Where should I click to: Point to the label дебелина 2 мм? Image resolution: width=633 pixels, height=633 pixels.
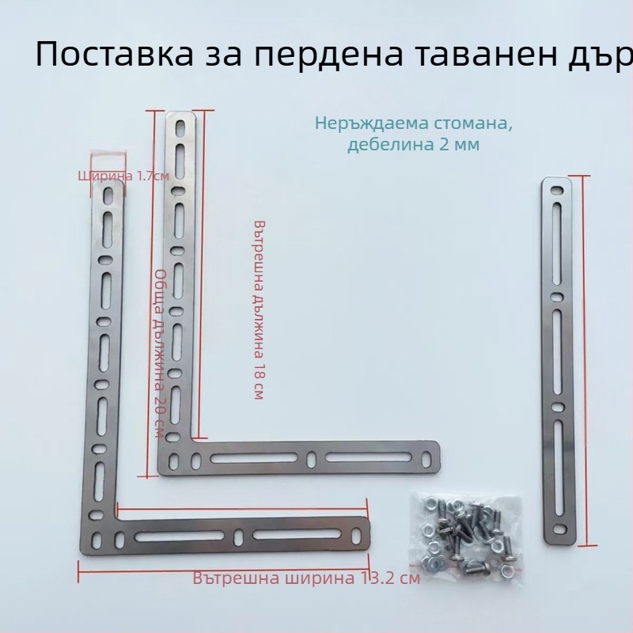[x=412, y=145]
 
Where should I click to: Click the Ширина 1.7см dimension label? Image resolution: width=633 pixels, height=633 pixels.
[x=123, y=176]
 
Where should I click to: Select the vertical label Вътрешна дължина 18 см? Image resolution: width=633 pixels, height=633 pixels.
[x=258, y=309]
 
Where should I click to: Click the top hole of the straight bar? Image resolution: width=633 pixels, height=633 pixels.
[x=557, y=189]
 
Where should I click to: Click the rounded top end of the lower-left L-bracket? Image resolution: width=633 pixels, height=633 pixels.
[x=108, y=188]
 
